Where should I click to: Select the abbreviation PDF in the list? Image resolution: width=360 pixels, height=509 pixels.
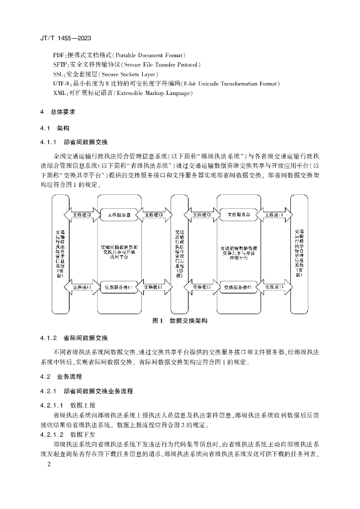tap(59, 55)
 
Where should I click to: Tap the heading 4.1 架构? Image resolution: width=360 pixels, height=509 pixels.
tap(55, 128)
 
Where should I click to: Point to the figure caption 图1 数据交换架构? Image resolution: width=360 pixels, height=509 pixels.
tap(180, 321)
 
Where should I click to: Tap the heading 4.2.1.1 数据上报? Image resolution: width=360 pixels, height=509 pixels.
tap(71, 405)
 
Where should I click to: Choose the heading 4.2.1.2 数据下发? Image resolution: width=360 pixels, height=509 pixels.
tap(71, 434)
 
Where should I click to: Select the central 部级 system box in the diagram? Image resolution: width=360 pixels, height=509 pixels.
tap(180, 254)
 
